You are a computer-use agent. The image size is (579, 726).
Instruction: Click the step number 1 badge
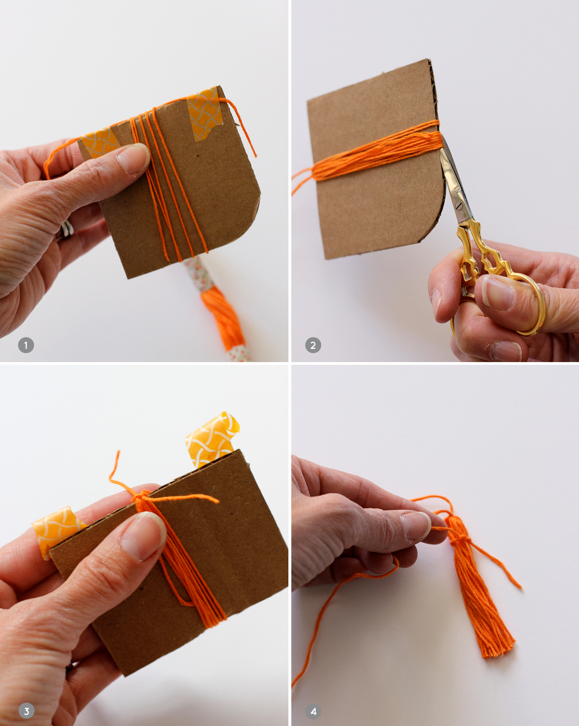[x=26, y=345]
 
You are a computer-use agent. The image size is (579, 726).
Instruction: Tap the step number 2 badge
[x=313, y=345]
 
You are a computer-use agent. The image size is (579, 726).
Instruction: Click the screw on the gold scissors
[x=458, y=205]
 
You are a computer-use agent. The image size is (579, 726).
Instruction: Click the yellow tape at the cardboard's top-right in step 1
[x=203, y=113]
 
